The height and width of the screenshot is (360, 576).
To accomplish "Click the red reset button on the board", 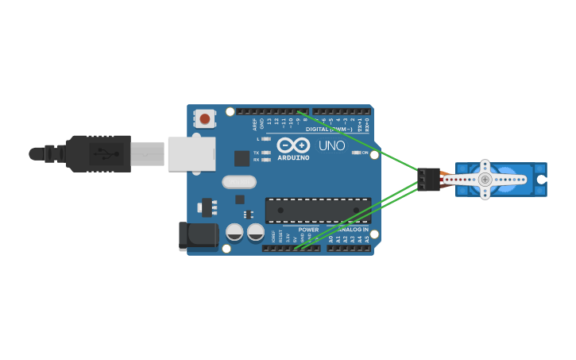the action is pyautogui.click(x=205, y=119).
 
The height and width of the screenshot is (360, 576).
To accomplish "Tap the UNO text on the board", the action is pyautogui.click(x=331, y=146).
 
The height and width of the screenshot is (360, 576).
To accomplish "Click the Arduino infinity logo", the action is pyautogui.click(x=293, y=145).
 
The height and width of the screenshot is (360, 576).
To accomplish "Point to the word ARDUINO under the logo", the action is pyautogui.click(x=293, y=157).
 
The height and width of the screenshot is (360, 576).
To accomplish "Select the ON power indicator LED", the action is pyautogui.click(x=356, y=153).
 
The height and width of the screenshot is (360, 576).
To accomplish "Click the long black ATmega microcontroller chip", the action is pyautogui.click(x=318, y=211).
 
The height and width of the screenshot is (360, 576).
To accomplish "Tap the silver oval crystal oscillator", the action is pyautogui.click(x=239, y=182).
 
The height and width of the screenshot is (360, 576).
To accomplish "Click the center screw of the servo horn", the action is pyautogui.click(x=485, y=180).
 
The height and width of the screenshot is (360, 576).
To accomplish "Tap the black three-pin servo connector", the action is pyautogui.click(x=429, y=180).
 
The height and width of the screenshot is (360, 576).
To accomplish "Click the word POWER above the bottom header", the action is pyautogui.click(x=308, y=230).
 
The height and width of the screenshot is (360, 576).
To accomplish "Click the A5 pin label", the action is pyautogui.click(x=367, y=238).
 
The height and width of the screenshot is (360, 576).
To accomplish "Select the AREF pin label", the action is pyautogui.click(x=255, y=125).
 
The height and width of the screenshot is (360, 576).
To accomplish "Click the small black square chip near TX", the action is pyautogui.click(x=242, y=158).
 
